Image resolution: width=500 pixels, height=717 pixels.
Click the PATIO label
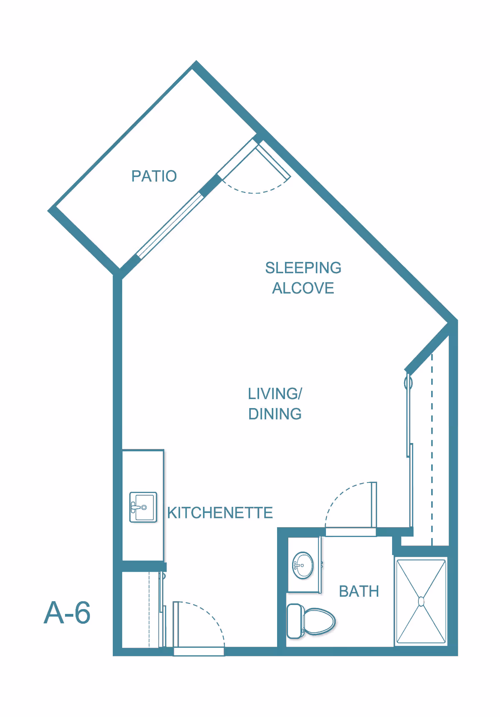[x=154, y=176]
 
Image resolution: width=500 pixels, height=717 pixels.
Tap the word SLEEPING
[x=303, y=268]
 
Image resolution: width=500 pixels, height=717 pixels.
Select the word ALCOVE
[x=303, y=288]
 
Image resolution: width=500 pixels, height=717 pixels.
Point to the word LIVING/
[x=275, y=393]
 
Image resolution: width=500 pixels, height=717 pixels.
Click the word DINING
[x=275, y=414]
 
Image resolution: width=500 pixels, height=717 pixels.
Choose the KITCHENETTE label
[x=220, y=513]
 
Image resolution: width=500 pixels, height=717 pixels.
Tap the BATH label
[x=359, y=591]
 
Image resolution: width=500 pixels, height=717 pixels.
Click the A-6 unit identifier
[x=67, y=612]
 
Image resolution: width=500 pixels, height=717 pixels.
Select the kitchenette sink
[x=143, y=507]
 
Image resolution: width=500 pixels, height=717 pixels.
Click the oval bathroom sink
[x=303, y=565]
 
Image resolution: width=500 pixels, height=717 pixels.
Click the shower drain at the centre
[x=421, y=602]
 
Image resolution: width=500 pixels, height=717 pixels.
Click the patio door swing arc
[x=255, y=189]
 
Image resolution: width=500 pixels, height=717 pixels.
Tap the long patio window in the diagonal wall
[x=170, y=225]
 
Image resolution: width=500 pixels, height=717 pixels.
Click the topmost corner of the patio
[x=196, y=61]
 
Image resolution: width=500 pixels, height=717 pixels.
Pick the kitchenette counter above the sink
[x=143, y=471]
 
